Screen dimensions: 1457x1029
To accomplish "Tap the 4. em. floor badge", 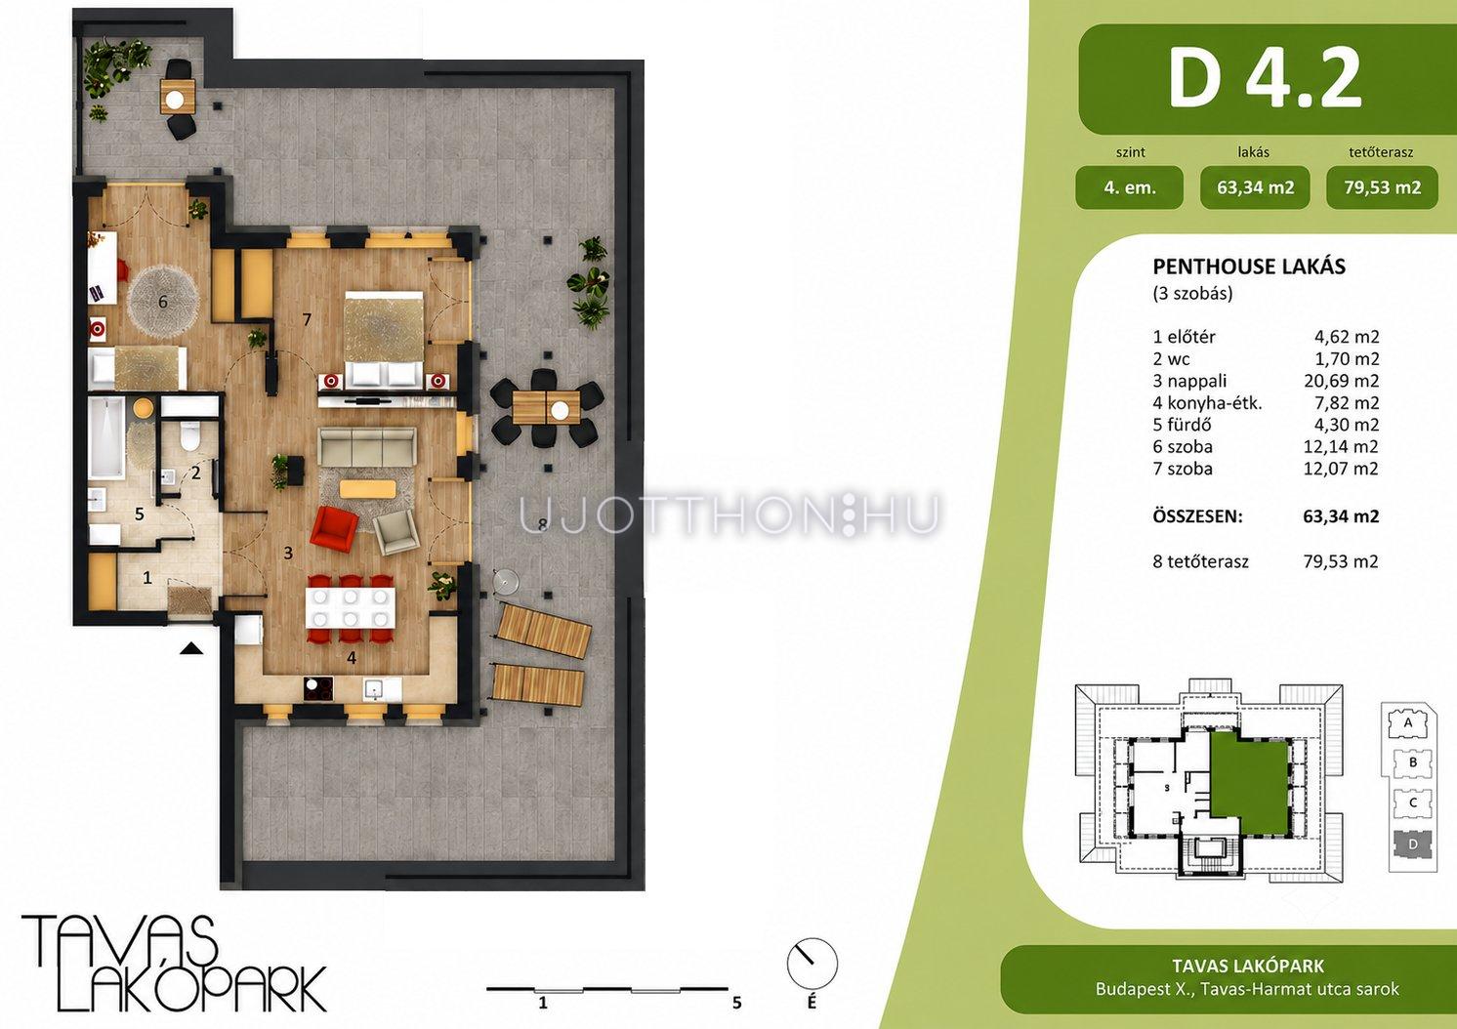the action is tap(1129, 188).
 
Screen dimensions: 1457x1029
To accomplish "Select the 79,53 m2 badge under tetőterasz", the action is tap(1382, 188).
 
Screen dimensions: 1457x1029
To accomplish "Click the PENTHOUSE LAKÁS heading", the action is tap(1249, 267).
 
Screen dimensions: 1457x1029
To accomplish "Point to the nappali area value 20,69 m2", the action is tap(1341, 381).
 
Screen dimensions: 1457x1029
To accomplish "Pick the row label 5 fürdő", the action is tap(1182, 425).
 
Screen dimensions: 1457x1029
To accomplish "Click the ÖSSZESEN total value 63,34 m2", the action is tap(1341, 516).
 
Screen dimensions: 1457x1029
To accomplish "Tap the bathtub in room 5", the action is tap(106, 437).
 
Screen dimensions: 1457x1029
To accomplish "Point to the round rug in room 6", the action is tap(163, 301).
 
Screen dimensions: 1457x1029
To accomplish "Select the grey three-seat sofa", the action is tap(367, 446).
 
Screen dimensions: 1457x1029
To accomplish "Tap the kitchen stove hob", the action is tap(318, 689).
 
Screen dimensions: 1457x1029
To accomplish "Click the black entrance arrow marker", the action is tap(191, 648).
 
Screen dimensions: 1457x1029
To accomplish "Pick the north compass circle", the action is tap(812, 964).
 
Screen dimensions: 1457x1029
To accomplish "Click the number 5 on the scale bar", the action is tap(737, 1003).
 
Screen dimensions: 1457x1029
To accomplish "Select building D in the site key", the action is tap(1413, 844).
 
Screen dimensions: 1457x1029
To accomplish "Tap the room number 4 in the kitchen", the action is tap(352, 658).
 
